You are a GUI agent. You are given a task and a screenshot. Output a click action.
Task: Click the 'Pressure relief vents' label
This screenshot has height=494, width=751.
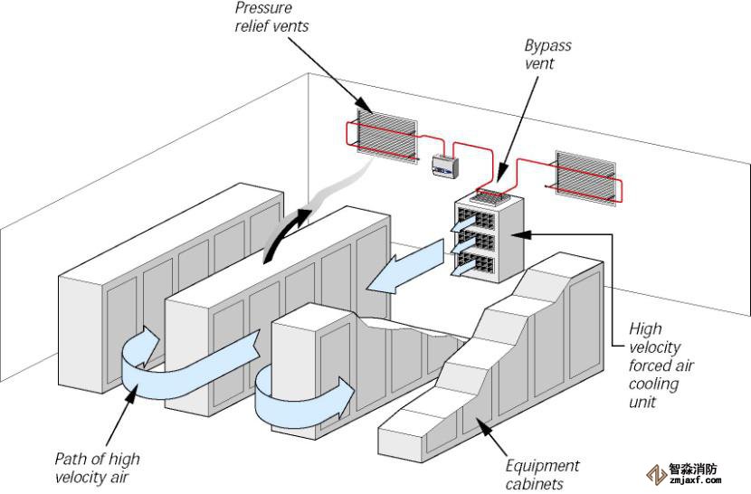click(271, 16)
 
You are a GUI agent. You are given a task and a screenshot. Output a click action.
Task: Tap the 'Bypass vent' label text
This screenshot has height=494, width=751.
click(547, 54)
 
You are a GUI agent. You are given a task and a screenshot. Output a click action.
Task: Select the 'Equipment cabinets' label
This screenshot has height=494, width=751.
click(541, 474)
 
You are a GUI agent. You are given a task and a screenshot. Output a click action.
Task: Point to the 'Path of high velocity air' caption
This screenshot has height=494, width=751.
click(99, 467)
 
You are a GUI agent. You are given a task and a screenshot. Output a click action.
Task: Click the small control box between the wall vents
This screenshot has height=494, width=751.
click(444, 164)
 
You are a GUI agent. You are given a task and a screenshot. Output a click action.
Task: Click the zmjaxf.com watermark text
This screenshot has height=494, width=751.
click(694, 480)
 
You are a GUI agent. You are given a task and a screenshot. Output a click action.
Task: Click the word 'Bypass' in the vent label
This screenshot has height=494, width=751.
click(547, 45)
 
